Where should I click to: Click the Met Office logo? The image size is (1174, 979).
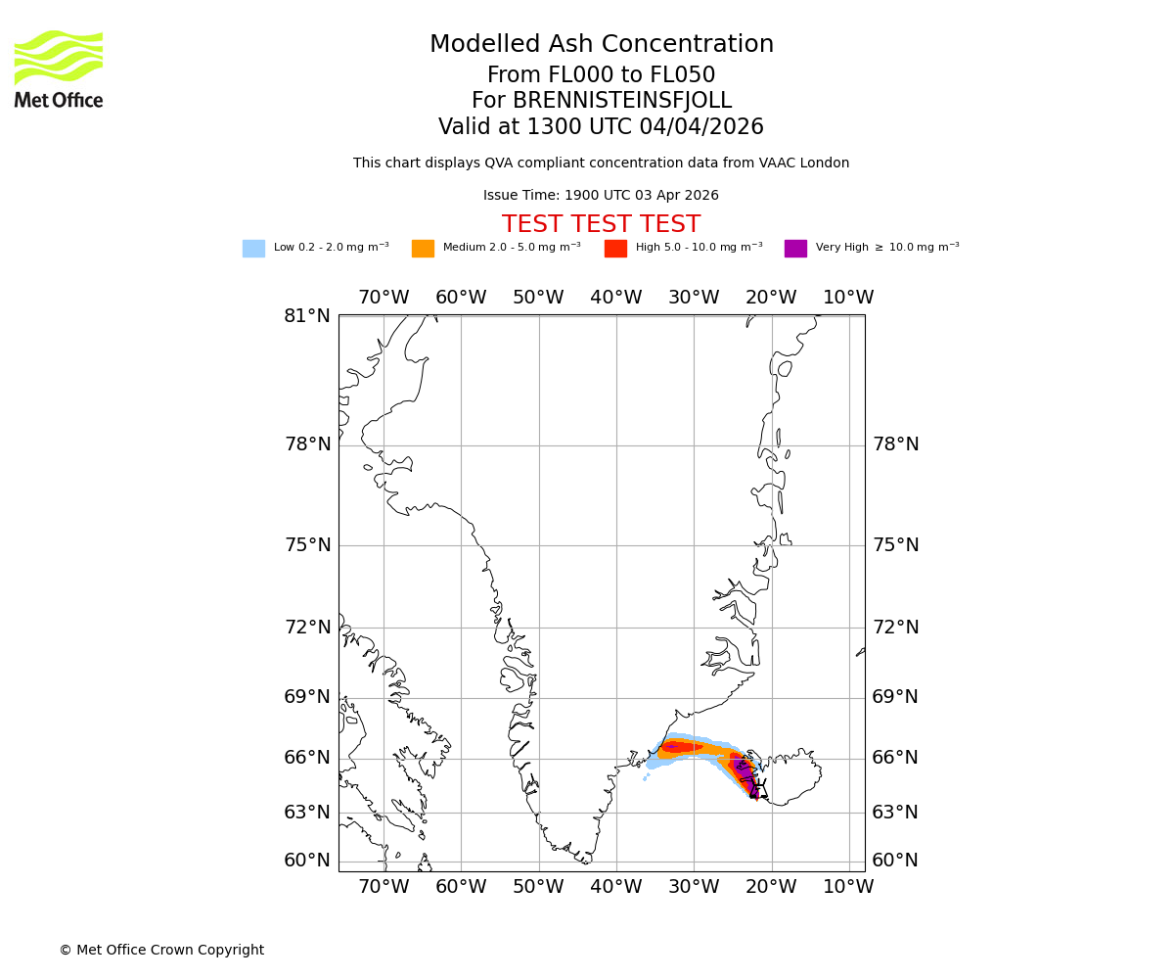(x=59, y=69)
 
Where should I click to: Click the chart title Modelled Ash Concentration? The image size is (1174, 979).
(x=602, y=45)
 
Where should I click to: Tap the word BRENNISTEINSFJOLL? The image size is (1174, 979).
(x=622, y=101)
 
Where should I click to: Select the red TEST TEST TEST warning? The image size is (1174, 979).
(x=601, y=224)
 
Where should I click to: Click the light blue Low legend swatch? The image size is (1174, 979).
(x=253, y=249)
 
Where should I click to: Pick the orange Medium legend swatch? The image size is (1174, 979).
(x=423, y=249)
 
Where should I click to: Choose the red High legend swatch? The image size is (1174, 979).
(x=615, y=249)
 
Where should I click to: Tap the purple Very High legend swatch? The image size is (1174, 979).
(x=795, y=249)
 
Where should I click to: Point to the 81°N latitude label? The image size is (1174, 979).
(x=307, y=316)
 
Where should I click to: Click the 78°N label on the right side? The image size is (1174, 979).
(x=895, y=444)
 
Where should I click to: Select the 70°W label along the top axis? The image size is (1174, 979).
(x=383, y=298)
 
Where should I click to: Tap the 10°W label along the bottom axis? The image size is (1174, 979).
(x=848, y=886)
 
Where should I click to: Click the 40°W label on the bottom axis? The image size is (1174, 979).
(x=615, y=886)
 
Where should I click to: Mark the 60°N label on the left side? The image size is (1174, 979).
(x=307, y=861)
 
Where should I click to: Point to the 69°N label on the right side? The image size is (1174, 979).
(x=895, y=697)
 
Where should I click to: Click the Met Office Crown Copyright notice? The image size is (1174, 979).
(x=161, y=950)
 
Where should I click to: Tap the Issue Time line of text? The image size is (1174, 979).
(x=601, y=196)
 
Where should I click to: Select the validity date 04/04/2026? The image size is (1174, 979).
(x=701, y=127)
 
